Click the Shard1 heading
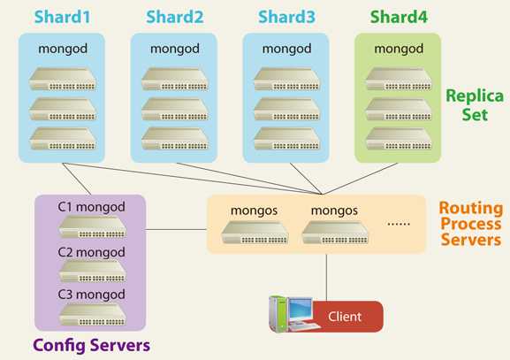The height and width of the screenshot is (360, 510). click(62, 16)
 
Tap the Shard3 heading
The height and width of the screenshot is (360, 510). click(285, 16)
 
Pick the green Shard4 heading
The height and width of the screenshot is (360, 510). click(398, 16)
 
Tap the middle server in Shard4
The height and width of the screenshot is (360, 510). click(398, 108)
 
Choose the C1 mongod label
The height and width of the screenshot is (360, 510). click(92, 208)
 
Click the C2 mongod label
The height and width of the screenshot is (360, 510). click(92, 250)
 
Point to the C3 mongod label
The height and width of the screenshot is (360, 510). click(92, 293)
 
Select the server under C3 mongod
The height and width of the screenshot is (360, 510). click(92, 314)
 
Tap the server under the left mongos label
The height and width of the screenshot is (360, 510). click(254, 234)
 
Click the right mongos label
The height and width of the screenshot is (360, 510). click(334, 211)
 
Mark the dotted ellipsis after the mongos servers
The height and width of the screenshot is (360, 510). click(400, 225)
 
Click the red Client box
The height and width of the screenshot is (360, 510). click(345, 316)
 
